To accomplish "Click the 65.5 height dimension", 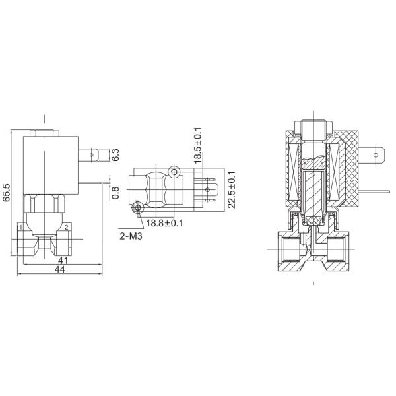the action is pos(7,193).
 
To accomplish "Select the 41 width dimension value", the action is pos(63,261).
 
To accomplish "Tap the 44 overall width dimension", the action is pos(60,269).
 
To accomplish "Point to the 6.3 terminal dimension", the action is pos(115,155).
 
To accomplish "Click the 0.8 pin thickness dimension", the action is pos(115,193).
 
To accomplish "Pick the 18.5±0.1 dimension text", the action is pos(197,145).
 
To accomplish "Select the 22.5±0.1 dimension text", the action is pos(232,189).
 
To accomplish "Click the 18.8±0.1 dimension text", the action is pos(164,223).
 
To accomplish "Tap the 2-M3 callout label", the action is pos(131,236).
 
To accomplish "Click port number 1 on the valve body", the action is pos(20,228).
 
